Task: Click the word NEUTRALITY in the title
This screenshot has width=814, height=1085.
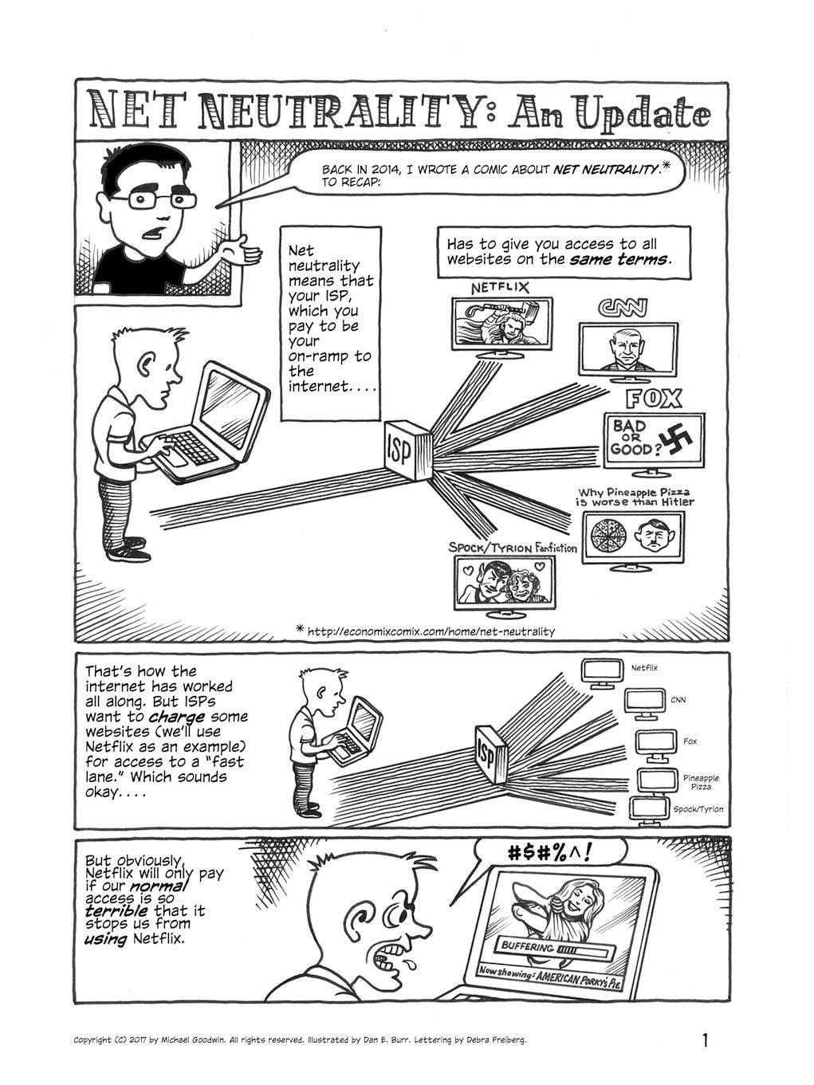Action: pos(339,116)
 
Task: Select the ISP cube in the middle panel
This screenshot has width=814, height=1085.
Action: pos(491,754)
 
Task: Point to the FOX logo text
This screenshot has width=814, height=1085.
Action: pos(654,399)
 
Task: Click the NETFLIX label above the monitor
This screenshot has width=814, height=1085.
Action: pos(500,288)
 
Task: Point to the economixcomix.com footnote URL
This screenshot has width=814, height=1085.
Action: pos(431,631)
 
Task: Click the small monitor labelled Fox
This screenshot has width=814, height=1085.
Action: pos(655,745)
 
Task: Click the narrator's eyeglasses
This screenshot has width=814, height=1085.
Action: pos(153,200)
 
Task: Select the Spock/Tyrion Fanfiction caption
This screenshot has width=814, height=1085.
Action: pos(512,548)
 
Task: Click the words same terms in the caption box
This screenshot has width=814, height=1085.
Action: pos(619,259)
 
